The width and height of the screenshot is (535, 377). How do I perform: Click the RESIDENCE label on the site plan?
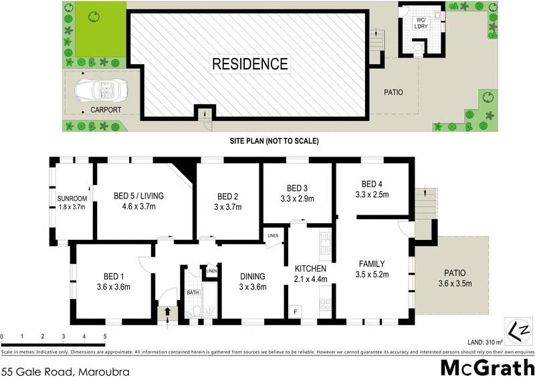[x=250, y=64]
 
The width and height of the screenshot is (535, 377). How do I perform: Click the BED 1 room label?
[x=110, y=276]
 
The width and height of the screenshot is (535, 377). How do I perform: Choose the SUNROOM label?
[x=71, y=198]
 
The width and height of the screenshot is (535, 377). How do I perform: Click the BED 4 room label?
[x=373, y=184]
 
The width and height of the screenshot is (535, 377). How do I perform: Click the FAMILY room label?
[x=372, y=263]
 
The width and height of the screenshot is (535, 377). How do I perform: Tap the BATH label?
[x=193, y=292]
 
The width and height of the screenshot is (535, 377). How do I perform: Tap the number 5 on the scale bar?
[x=105, y=336]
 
